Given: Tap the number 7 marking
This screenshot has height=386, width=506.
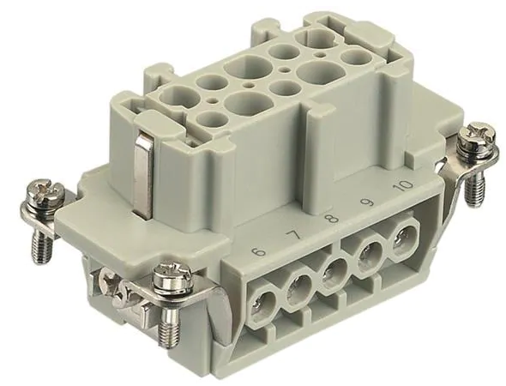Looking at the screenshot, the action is [295, 235].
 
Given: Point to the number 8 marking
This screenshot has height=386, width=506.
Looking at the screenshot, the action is [333, 219].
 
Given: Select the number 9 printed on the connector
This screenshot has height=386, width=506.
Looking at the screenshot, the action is [368, 202].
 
